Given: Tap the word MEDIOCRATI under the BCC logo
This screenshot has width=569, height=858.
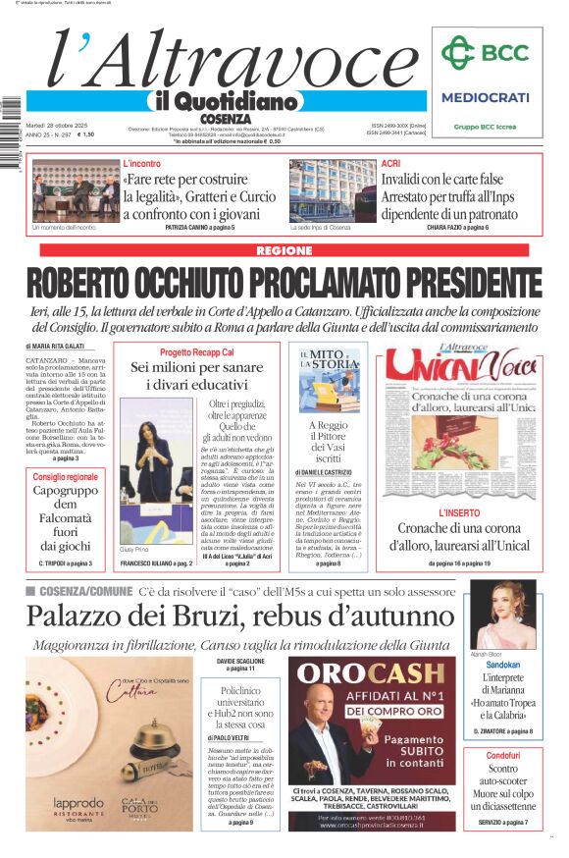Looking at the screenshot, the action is [485, 97].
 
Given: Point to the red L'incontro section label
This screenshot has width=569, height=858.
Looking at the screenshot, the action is [142, 163].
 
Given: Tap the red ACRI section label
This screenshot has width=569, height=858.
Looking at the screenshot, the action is [390, 163].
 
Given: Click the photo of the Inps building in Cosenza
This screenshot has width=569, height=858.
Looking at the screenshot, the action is [332, 190].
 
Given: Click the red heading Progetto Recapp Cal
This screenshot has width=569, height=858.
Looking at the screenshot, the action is [197, 352].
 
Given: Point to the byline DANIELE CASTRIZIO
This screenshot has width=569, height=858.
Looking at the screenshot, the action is [328, 473].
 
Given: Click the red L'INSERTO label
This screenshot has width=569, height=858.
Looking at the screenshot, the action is [458, 513].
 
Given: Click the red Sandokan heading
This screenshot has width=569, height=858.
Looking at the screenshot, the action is [502, 665].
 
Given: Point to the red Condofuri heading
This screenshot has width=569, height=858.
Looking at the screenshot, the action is [502, 756].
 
